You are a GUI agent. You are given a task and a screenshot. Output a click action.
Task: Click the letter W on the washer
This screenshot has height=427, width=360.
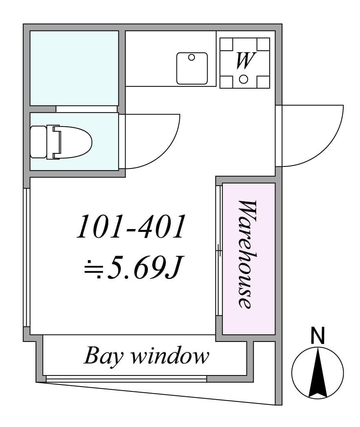[x=244, y=61]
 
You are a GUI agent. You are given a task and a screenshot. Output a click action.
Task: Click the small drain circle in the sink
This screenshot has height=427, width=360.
[x=191, y=58]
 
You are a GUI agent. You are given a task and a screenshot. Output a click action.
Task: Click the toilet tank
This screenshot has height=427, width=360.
[x=38, y=142]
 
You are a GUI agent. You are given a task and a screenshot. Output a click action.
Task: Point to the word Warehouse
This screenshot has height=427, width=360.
[x=248, y=254]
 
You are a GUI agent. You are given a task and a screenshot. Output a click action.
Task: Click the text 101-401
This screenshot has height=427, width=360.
[x=131, y=227]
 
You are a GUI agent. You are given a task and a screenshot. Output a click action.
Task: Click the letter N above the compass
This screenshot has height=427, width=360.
[x=318, y=336]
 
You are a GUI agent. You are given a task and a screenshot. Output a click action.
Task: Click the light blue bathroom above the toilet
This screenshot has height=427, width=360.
[x=74, y=67]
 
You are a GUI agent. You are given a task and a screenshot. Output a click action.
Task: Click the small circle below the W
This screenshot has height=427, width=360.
[x=244, y=79]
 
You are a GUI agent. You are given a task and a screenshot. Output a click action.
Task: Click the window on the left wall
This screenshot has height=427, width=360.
[x=27, y=258]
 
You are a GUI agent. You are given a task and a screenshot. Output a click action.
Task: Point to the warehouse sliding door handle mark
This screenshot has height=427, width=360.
[x=219, y=249]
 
